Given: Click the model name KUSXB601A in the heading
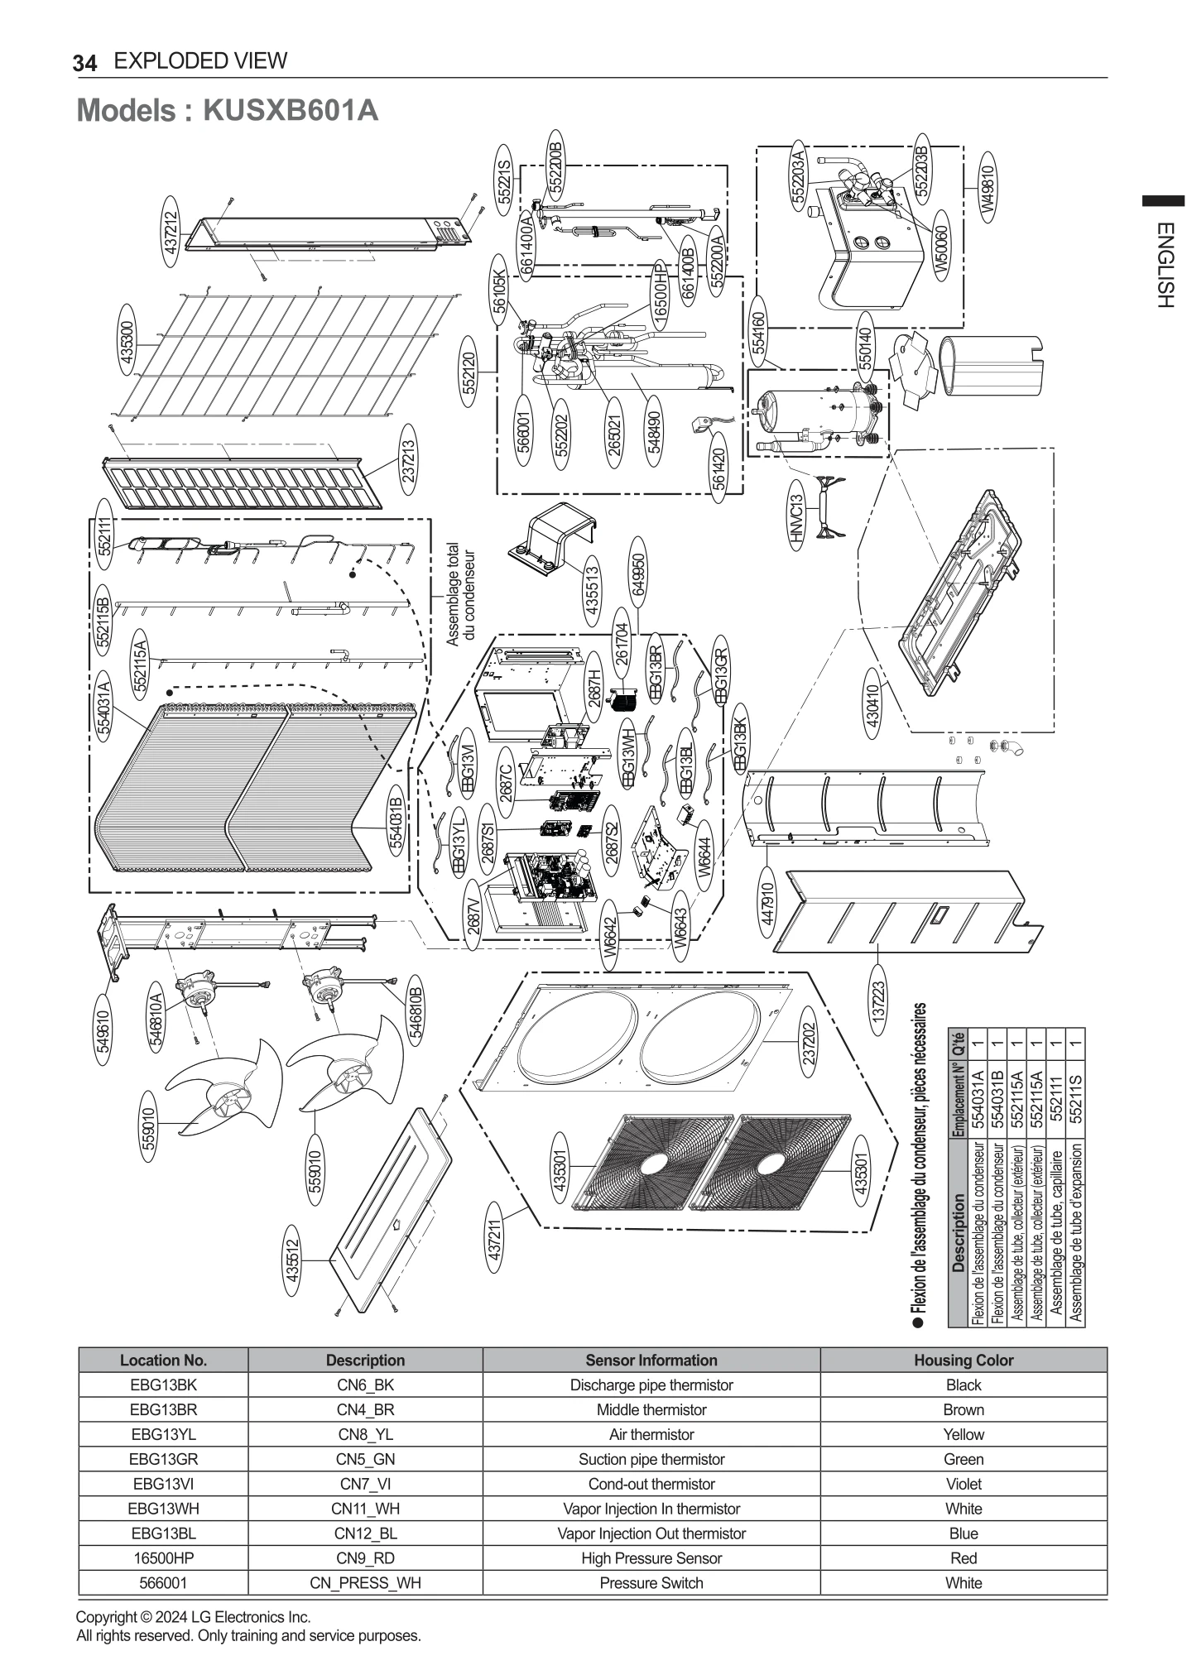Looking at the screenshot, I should (x=290, y=110).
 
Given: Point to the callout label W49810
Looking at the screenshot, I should (x=987, y=188).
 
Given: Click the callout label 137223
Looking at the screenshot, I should (x=879, y=1000).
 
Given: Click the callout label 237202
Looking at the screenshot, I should (x=810, y=1042).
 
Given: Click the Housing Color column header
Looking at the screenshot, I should (x=963, y=1360).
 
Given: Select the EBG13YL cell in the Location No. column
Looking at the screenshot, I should (x=163, y=1434).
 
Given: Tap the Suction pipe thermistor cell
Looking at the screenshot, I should (x=651, y=1459).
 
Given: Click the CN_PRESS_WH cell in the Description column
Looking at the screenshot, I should (x=365, y=1582).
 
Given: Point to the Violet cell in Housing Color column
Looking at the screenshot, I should (x=963, y=1484).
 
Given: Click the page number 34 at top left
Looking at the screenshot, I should (x=84, y=63).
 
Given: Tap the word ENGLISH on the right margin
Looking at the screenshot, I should (x=1165, y=265).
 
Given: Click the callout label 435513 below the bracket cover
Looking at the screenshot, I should (x=593, y=588).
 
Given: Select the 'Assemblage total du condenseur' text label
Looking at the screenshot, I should (x=460, y=594).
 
